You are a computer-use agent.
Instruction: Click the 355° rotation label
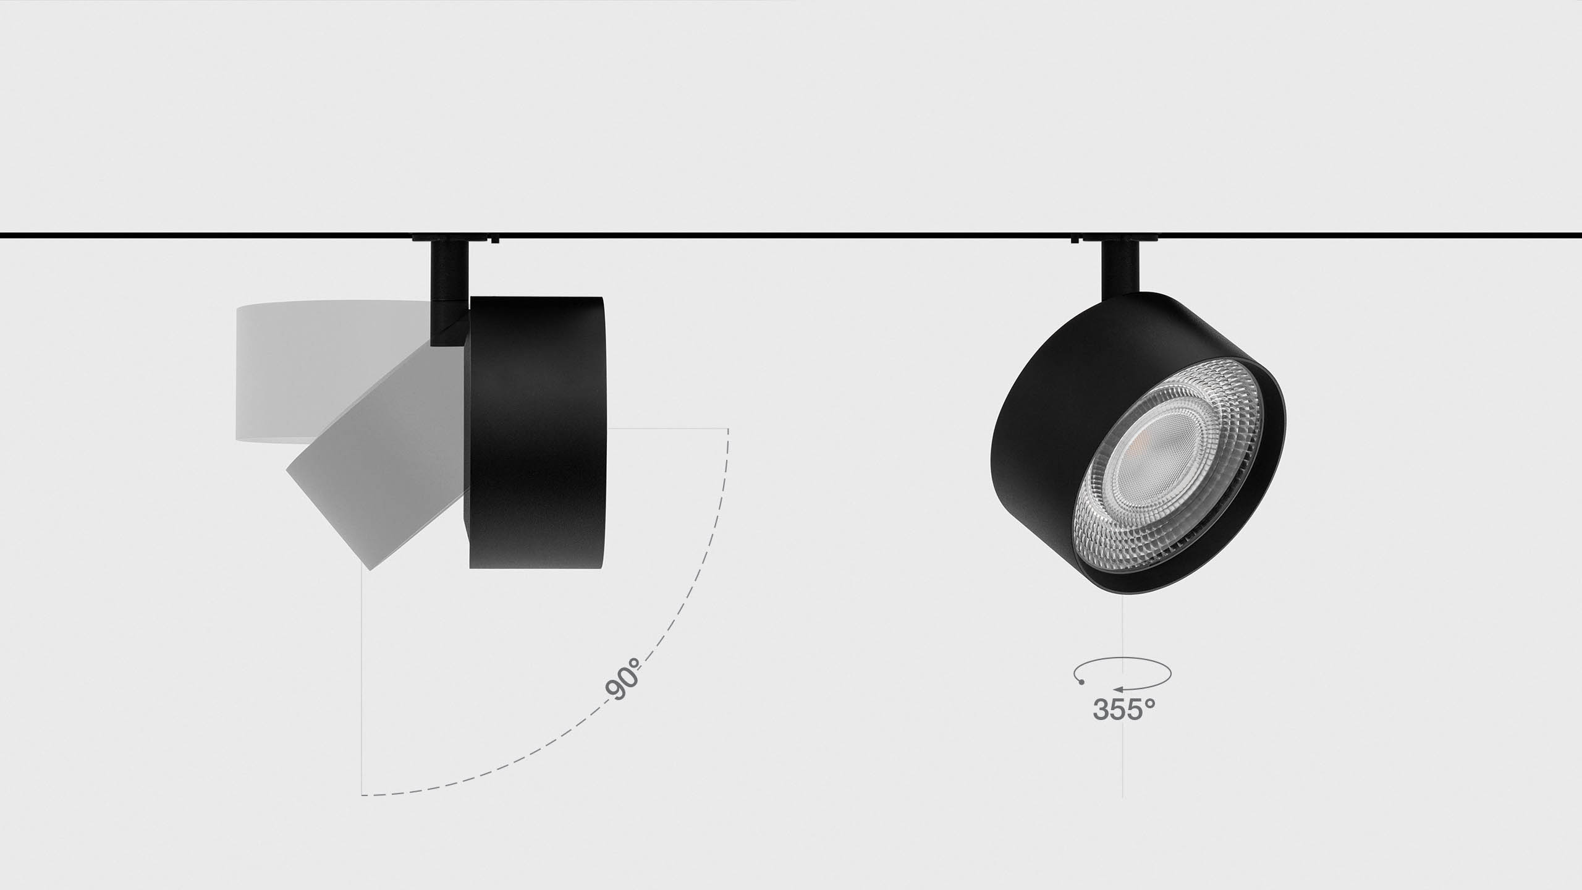click(1123, 709)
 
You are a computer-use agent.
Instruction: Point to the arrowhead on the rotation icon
click(1119, 688)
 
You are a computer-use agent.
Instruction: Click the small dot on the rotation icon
click(1081, 682)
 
